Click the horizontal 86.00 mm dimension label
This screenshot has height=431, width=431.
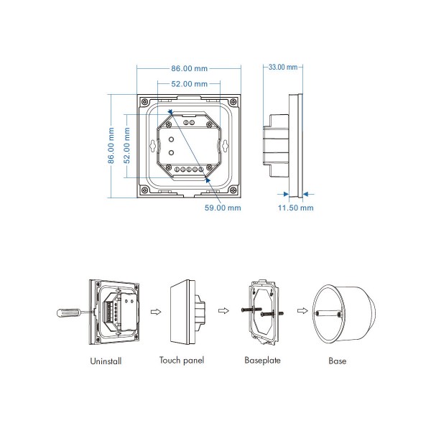(190, 69)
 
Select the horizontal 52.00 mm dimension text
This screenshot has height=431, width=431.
(190, 85)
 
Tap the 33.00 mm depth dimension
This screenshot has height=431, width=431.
(282, 67)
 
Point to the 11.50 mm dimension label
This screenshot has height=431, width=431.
(297, 208)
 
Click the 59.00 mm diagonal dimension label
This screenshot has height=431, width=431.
(222, 208)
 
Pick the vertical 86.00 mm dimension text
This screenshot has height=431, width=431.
(111, 146)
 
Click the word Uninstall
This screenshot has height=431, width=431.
(106, 361)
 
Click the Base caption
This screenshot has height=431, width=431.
(337, 361)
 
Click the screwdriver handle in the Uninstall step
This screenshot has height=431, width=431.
(62, 312)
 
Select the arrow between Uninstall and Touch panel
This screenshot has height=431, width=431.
(153, 312)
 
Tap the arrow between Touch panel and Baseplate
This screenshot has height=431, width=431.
(223, 312)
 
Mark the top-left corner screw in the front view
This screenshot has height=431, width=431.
(144, 101)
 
